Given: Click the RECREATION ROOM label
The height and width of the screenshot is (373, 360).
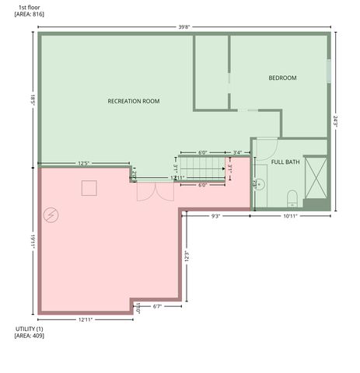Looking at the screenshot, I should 134,102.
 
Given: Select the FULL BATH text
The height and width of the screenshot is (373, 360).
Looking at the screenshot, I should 285,162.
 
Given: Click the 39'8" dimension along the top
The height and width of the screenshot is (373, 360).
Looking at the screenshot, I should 183,27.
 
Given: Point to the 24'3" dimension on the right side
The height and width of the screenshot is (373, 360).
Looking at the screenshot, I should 336,121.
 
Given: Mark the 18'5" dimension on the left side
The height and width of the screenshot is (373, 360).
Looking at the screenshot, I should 33,99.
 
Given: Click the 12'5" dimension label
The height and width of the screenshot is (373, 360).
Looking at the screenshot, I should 84,163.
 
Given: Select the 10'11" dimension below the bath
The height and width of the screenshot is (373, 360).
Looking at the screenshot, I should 292,216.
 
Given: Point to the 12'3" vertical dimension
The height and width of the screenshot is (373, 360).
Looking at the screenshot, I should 186,255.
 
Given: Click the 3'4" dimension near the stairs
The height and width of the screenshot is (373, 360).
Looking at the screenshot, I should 237,152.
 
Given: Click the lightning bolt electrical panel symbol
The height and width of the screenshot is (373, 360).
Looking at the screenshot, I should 51,214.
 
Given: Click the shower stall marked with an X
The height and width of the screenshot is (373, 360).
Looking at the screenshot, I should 315,178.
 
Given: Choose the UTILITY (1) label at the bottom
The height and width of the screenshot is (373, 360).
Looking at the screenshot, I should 30,329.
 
